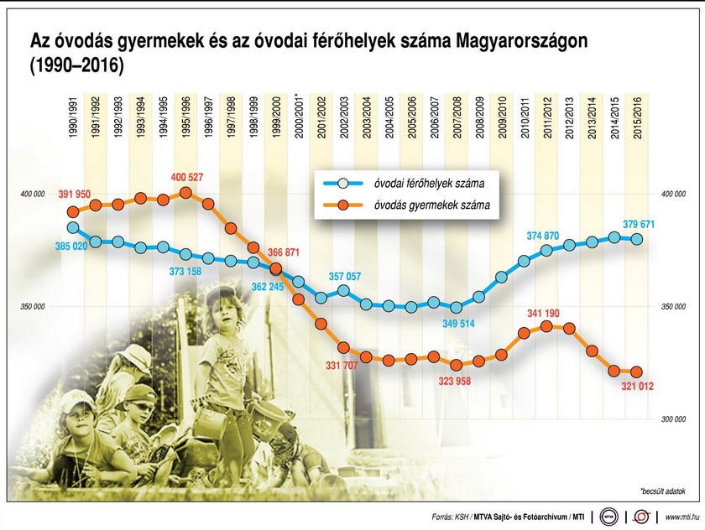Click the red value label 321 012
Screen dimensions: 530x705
coord(637,386)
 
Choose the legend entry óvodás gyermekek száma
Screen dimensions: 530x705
coord(425,204)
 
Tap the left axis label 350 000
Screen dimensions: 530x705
coord(30,308)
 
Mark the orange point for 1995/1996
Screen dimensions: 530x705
coord(185,193)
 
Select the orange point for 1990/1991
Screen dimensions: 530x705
coord(73,211)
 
